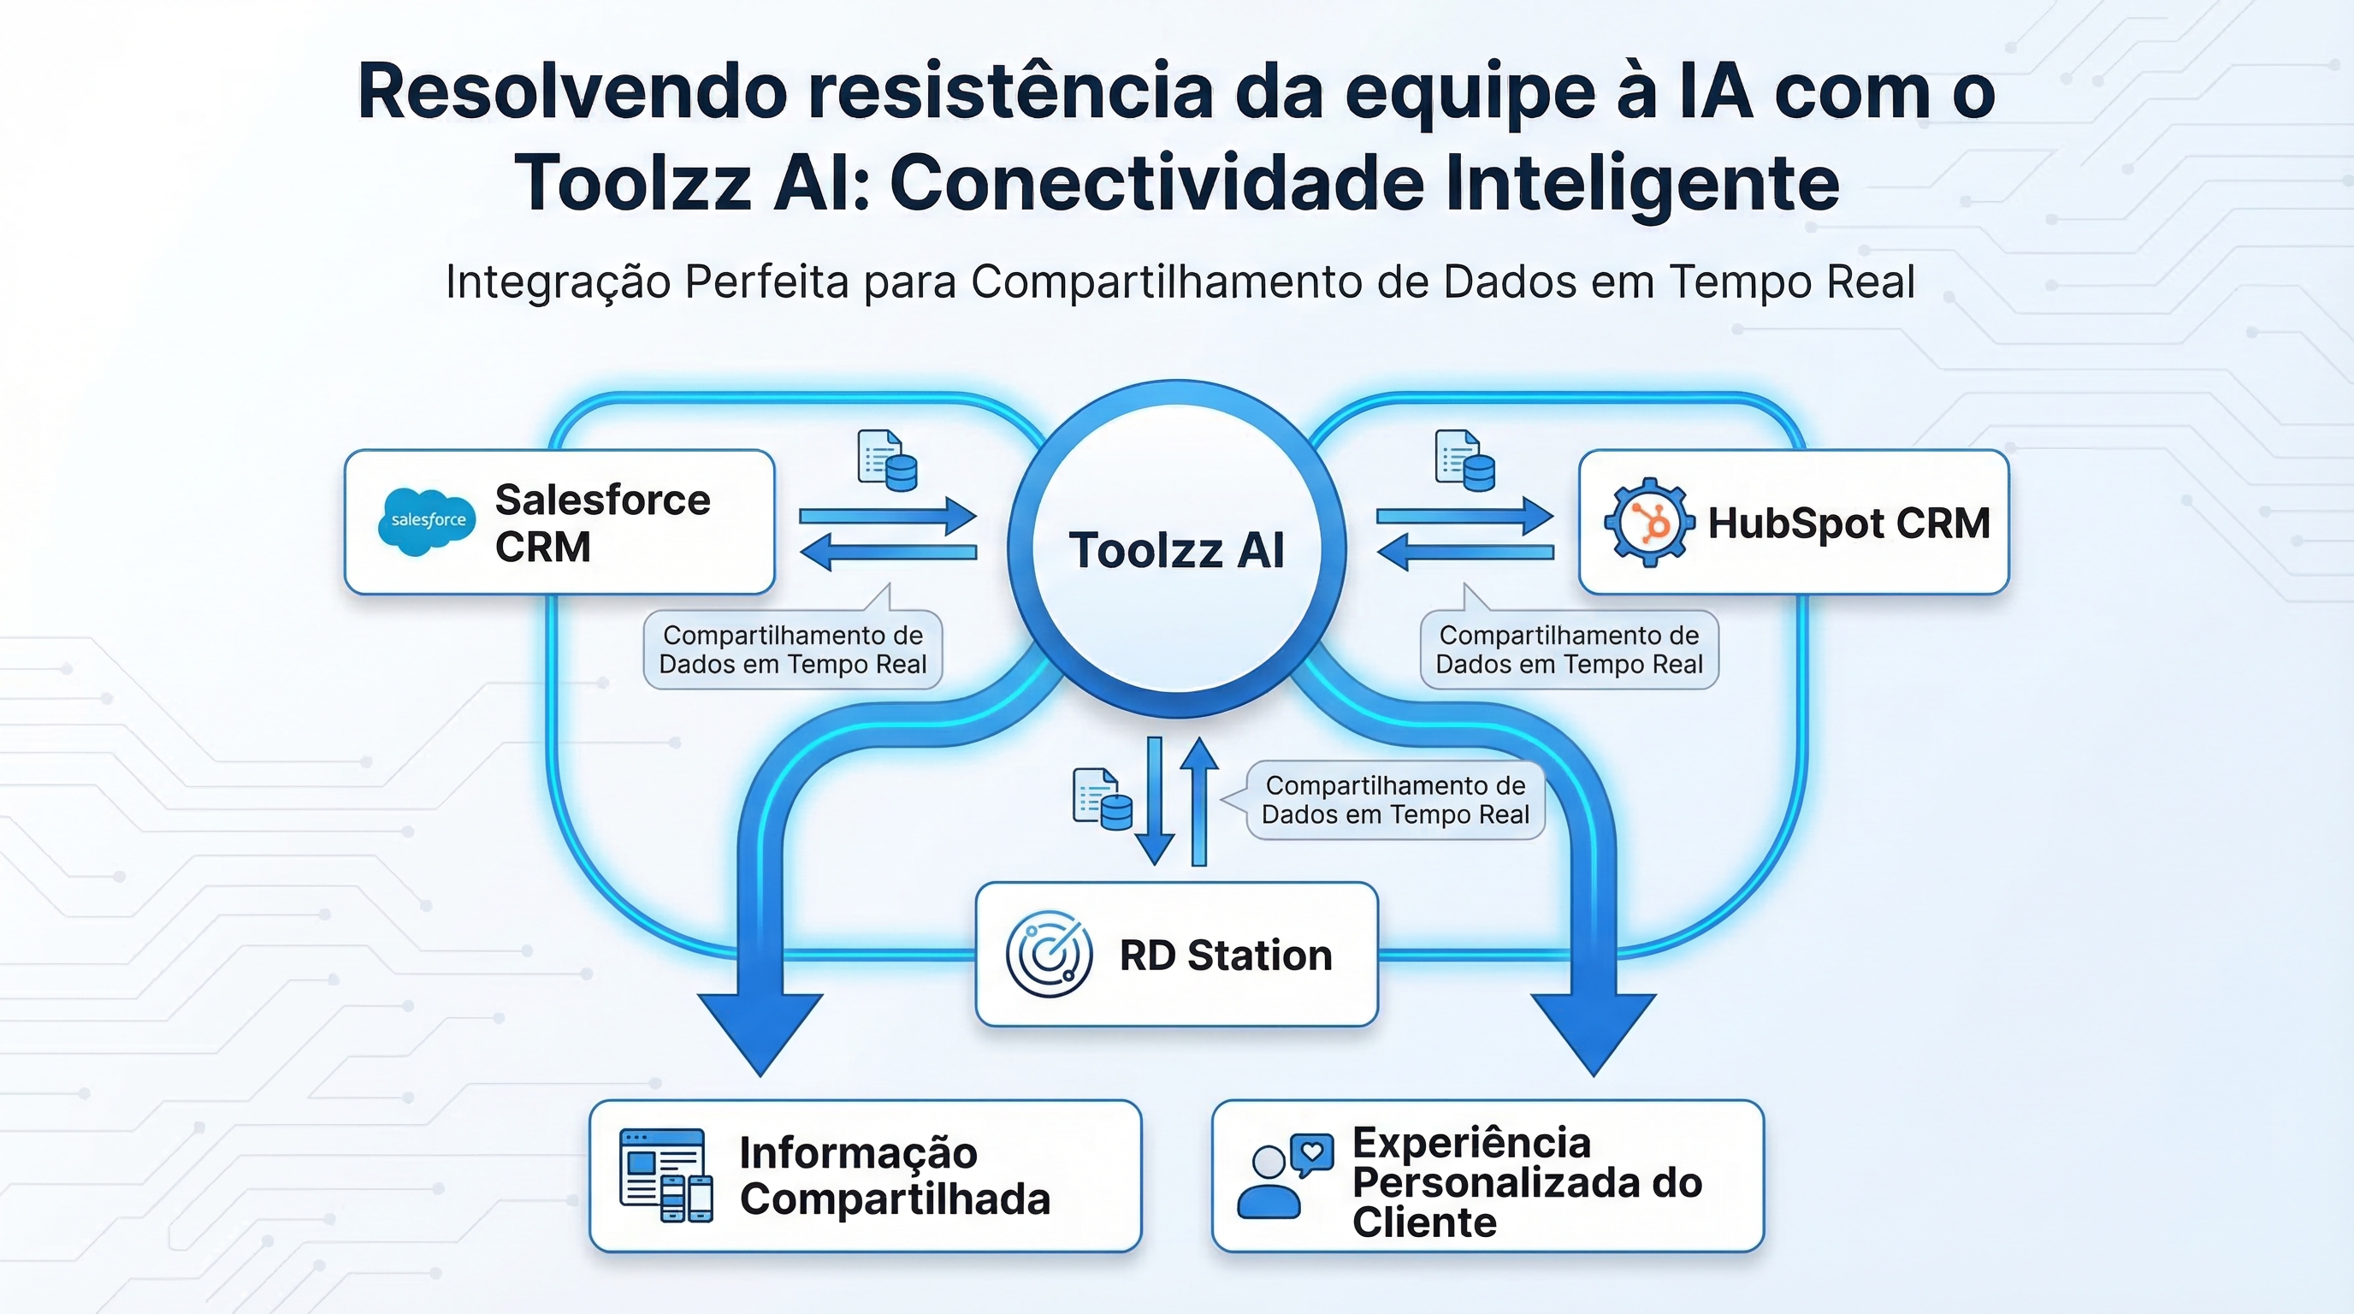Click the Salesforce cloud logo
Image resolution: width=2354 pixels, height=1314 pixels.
point(427,522)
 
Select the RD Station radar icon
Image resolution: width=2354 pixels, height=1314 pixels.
point(1049,954)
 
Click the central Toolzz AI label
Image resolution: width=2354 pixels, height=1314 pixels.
point(1176,550)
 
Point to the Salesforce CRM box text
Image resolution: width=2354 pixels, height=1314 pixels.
point(602,523)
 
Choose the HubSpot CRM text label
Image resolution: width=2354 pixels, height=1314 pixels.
point(1848,523)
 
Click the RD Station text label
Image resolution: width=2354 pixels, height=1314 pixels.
point(1226,955)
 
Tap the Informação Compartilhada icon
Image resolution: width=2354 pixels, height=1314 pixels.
point(665,1175)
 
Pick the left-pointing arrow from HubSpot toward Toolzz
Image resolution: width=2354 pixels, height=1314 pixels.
point(1465,552)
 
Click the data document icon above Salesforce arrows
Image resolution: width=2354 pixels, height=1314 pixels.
point(886,460)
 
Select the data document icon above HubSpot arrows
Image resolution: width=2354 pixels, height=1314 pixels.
point(1465,460)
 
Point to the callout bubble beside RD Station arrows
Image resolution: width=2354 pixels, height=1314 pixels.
point(1394,800)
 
